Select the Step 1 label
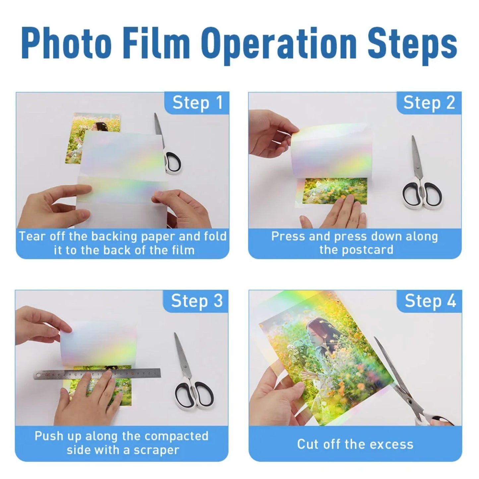pyautogui.click(x=197, y=102)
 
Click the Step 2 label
pyautogui.click(x=429, y=102)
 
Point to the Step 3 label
pyautogui.click(x=197, y=301)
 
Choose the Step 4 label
pyautogui.click(x=430, y=301)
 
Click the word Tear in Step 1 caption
pyautogui.click(x=31, y=236)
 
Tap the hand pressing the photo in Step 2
pyautogui.click(x=338, y=214)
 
